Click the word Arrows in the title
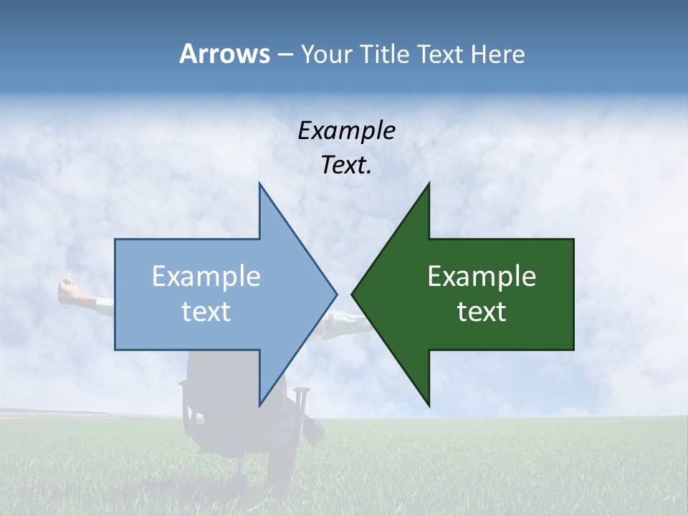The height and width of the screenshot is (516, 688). click(224, 54)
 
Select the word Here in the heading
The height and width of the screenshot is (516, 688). click(497, 54)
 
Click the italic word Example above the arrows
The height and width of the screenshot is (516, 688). click(346, 130)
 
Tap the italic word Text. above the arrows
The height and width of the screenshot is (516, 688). click(346, 166)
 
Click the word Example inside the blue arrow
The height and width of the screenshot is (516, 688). click(206, 277)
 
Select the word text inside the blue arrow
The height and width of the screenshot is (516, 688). click(206, 312)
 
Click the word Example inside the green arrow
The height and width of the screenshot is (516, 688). click(482, 277)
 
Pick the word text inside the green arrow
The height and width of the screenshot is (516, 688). click(482, 312)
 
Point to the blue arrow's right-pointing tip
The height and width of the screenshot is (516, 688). click(336, 294)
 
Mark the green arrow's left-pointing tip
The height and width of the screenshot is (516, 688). click(353, 294)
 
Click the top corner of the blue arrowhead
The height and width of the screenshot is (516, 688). click(259, 184)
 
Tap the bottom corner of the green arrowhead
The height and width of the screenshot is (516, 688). click(429, 405)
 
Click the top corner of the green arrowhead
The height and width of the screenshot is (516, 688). click(429, 184)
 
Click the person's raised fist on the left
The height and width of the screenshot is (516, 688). click(69, 288)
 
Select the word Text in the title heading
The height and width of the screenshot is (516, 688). click(440, 54)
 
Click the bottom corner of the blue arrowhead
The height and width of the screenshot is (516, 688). click(259, 405)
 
